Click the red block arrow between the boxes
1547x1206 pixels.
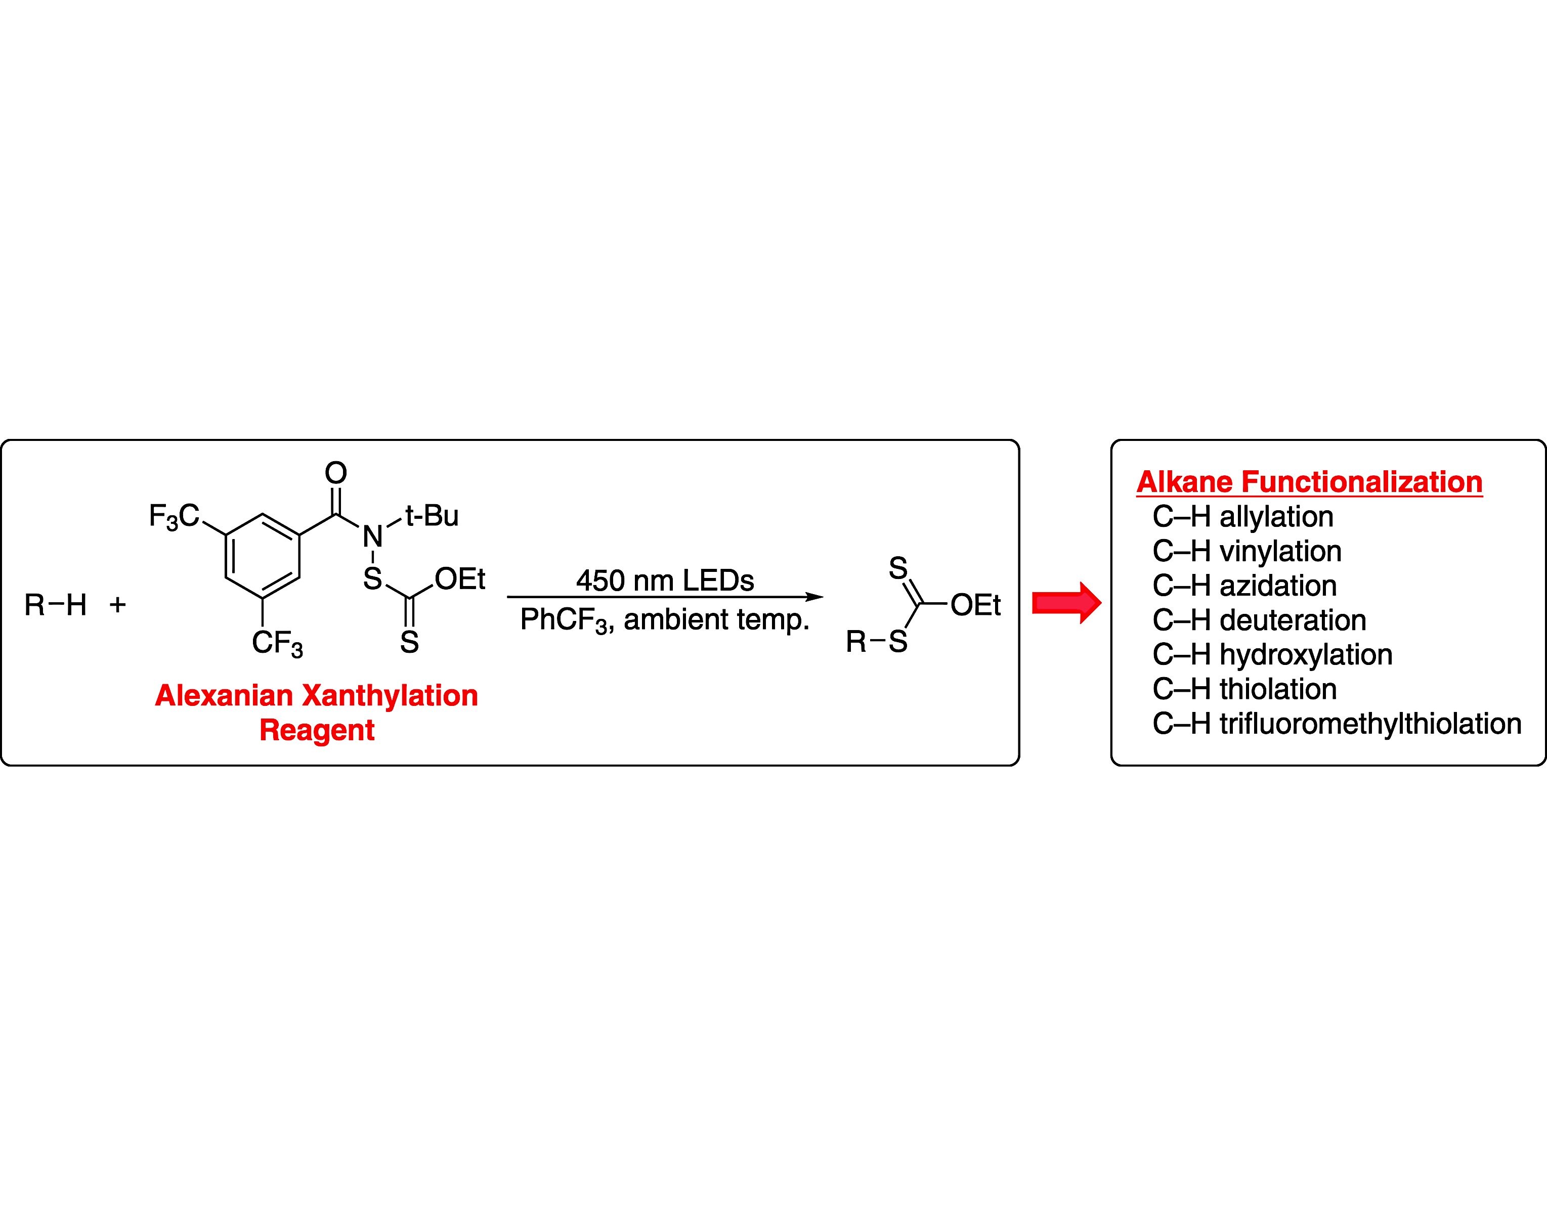click(1066, 603)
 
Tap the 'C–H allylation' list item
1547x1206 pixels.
click(1242, 517)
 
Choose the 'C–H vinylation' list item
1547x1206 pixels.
click(1247, 552)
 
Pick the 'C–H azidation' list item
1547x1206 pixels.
click(1244, 586)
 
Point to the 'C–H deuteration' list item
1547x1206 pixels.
click(1259, 620)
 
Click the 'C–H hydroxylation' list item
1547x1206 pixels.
click(1272, 655)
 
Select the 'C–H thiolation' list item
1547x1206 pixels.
click(1244, 689)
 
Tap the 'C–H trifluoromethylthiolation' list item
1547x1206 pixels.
click(1337, 724)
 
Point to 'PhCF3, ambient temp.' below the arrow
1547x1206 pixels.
click(664, 620)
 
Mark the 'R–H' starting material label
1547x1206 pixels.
click(55, 605)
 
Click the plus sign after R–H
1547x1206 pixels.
click(117, 604)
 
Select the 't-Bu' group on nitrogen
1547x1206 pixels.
click(432, 516)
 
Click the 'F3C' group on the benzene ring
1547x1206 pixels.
click(174, 516)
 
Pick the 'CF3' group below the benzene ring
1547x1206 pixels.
click(277, 644)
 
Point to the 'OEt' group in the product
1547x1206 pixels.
click(975, 605)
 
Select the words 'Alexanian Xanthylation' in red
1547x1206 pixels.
click(317, 695)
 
